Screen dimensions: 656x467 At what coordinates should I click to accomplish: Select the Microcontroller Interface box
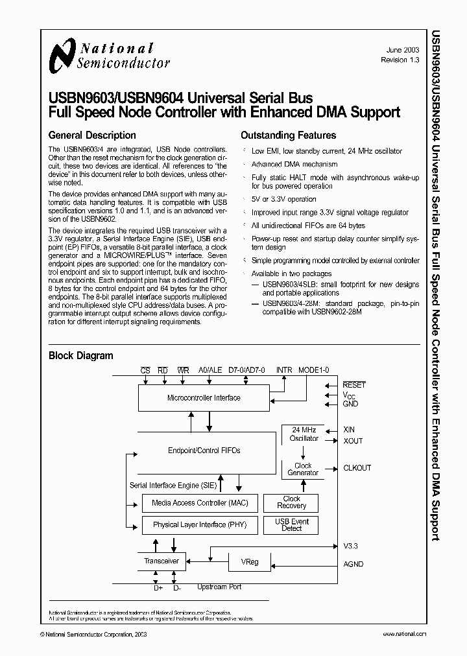point(203,398)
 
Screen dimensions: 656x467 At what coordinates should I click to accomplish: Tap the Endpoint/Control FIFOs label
point(204,451)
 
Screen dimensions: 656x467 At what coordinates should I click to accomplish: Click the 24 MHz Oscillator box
point(304,434)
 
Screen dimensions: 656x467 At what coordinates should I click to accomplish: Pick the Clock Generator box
point(303,469)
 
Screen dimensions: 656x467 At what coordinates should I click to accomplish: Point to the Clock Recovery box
point(291,502)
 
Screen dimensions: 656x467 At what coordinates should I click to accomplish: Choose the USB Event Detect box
point(291,524)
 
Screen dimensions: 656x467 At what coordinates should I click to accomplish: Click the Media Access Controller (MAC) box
point(199,503)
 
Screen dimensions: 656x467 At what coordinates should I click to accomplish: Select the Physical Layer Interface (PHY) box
point(199,524)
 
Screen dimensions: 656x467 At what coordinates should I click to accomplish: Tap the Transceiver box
point(162,561)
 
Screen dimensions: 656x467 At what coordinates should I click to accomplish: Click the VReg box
point(250,561)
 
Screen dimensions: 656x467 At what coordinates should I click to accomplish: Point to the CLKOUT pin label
point(357,468)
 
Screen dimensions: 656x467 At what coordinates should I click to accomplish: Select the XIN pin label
point(350,430)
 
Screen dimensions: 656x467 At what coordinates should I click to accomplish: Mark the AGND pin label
point(353,565)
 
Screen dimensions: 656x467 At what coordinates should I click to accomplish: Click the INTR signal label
point(285,370)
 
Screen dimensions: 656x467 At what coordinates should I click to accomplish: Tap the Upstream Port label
point(219,587)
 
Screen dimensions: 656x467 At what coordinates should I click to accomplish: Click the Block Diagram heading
point(81,355)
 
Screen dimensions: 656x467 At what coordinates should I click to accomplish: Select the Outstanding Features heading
point(288,135)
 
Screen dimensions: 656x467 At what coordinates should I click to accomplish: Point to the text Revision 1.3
point(401,60)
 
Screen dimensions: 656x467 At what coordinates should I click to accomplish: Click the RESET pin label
point(354,385)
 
